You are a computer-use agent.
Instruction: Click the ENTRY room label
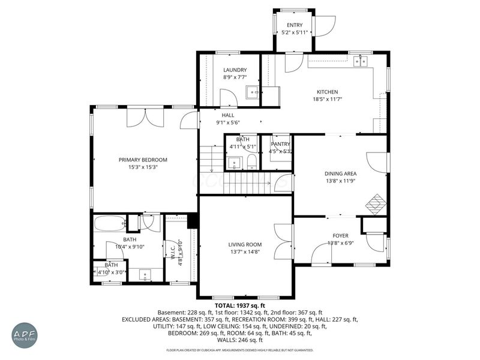294,25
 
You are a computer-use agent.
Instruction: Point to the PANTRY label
280,144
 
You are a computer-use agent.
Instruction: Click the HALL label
228,115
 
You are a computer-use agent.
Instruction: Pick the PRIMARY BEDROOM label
142,160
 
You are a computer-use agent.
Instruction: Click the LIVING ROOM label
245,244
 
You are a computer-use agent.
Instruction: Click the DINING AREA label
340,173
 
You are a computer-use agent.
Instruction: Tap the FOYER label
340,235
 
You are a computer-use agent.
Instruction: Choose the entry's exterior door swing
325,24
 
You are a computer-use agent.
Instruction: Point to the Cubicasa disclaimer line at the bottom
240,350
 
